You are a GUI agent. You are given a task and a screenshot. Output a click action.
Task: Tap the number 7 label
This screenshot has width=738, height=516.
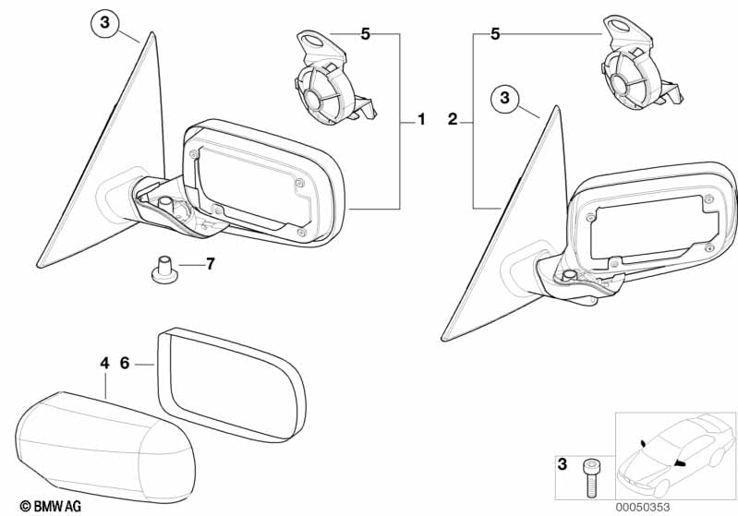click(x=210, y=264)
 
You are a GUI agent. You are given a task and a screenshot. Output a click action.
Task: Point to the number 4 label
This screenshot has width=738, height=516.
click(x=104, y=364)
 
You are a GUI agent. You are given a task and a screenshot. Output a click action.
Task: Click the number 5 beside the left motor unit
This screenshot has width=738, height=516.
click(x=365, y=34)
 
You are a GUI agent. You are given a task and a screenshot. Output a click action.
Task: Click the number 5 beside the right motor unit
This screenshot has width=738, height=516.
click(x=495, y=34)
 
